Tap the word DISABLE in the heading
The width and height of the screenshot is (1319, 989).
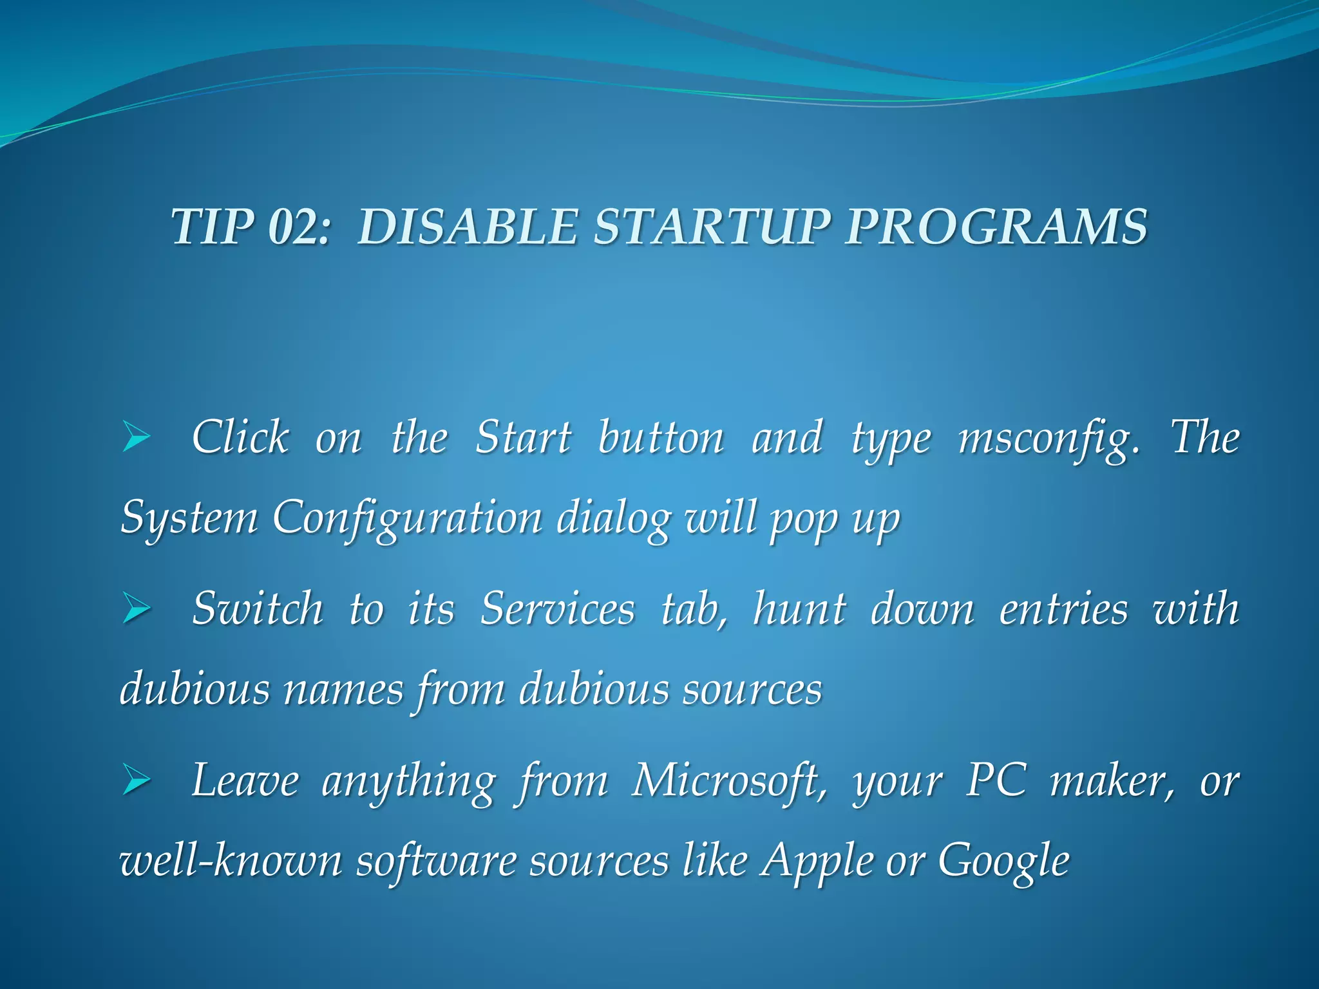pos(466,227)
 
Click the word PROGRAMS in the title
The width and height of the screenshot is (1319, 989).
pos(996,227)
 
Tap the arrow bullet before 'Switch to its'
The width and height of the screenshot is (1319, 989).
pos(136,609)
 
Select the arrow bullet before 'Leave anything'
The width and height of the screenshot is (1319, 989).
pos(136,780)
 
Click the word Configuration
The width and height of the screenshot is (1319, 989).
pos(407,518)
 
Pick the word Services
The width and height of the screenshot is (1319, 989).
pos(557,609)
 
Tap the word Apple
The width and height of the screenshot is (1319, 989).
pos(816,862)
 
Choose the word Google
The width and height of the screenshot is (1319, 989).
pos(1003,862)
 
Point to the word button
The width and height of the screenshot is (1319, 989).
pos(661,438)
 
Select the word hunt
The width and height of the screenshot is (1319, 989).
pos(799,609)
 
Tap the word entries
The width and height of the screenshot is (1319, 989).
pos(1063,609)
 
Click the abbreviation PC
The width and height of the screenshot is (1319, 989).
pos(996,780)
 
